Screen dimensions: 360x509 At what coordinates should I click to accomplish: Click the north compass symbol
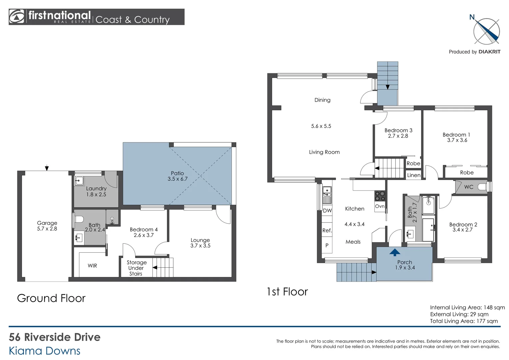[486, 31]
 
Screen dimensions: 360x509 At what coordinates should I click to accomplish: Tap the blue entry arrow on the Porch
[395, 252]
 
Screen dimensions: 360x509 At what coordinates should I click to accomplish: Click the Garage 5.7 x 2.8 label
[47, 226]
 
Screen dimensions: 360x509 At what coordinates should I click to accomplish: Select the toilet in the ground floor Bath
[79, 219]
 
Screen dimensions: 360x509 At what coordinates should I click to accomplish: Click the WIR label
[92, 266]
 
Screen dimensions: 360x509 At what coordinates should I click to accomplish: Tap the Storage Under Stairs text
[136, 268]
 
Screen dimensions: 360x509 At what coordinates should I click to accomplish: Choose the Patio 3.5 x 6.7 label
[178, 176]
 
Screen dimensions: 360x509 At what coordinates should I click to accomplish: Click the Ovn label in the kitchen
[380, 206]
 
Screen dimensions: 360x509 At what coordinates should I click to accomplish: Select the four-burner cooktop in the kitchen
[380, 196]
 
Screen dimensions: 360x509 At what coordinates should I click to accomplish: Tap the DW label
[327, 210]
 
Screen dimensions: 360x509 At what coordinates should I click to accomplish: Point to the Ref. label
[327, 230]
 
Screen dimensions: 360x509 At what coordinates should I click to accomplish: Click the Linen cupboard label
[414, 175]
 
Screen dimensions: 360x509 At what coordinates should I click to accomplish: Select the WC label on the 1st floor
[469, 187]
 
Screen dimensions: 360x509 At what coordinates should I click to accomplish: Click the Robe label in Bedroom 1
[467, 172]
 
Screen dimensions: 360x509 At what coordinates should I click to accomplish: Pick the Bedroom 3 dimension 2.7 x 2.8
[398, 136]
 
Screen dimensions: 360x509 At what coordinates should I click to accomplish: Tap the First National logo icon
[17, 17]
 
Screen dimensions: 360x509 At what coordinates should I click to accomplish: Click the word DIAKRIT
[489, 52]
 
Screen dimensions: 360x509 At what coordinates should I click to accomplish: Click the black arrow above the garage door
[47, 168]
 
